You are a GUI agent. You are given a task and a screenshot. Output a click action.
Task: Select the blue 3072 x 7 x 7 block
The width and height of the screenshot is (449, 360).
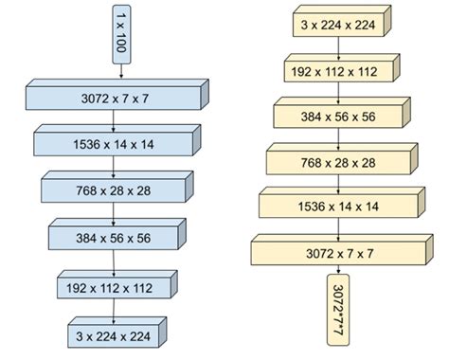[x=113, y=97]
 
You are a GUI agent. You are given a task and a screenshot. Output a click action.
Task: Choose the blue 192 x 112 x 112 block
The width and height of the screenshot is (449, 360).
[x=113, y=285]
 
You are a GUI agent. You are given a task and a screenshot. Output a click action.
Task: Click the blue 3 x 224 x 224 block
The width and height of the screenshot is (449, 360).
[x=113, y=334]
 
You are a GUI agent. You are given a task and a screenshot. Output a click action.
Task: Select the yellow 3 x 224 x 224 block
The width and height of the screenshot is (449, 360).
[x=336, y=27]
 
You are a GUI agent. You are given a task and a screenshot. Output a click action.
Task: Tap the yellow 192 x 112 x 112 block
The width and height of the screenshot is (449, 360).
[x=336, y=70]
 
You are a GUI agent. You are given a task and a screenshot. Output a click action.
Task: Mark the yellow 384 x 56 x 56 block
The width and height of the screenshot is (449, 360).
[x=336, y=116]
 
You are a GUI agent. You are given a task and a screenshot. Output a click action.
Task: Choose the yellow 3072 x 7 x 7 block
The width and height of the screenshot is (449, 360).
[x=336, y=252]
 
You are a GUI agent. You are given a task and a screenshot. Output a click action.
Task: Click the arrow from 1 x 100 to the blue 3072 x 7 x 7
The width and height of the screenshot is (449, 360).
[x=120, y=72]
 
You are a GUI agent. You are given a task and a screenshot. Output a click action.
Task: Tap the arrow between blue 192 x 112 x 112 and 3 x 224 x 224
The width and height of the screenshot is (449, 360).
[x=114, y=310]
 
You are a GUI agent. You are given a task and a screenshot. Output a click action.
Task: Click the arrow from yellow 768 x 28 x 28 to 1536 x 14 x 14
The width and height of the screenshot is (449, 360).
[x=336, y=184]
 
